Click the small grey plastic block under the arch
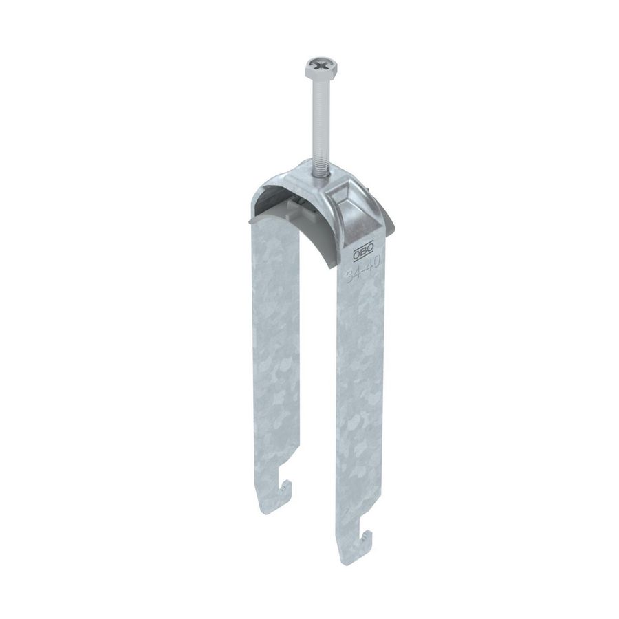[x=292, y=206]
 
